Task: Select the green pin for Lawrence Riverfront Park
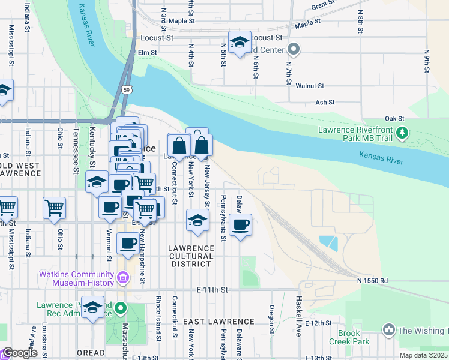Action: [x=405, y=132]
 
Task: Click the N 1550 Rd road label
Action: [x=372, y=280]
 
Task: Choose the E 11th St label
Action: [x=213, y=290]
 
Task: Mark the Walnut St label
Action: [x=310, y=86]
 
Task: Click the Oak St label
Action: [x=395, y=119]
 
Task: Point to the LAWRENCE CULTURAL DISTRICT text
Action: [x=191, y=256]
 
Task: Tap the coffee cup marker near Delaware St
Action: [x=240, y=225]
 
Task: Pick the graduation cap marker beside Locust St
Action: [x=240, y=42]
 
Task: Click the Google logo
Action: [x=20, y=353]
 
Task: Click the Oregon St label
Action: [x=272, y=319]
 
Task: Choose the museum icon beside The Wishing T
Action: [x=388, y=330]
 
